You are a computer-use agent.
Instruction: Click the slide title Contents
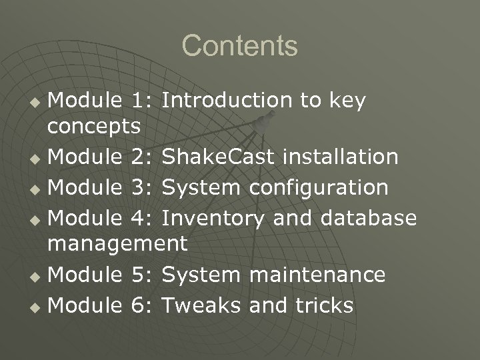tap(239, 46)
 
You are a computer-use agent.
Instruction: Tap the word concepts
tap(94, 125)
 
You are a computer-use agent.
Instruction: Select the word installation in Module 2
tap(341, 158)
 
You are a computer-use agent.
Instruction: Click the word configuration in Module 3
tap(319, 187)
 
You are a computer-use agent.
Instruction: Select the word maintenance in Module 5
tap(317, 274)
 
